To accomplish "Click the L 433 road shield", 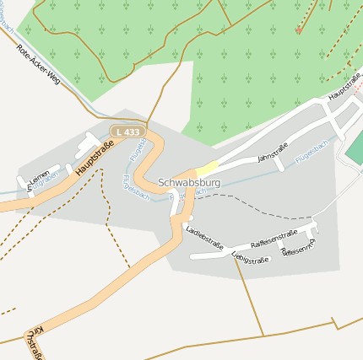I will (127, 132).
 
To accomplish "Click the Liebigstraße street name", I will (250, 255).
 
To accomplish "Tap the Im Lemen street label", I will (35, 180).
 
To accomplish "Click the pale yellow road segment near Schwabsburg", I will (208, 168).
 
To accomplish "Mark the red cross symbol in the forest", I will (298, 30).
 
